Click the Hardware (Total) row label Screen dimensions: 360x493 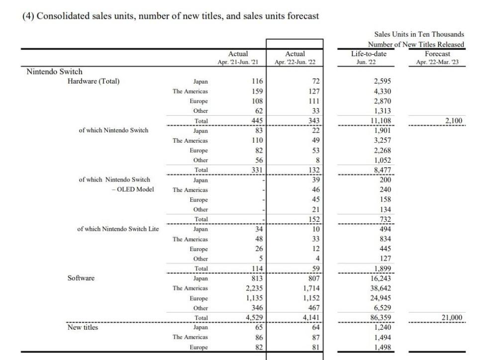[x=94, y=82]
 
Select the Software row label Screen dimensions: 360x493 [x=81, y=278]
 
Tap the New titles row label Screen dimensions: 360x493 [x=83, y=327]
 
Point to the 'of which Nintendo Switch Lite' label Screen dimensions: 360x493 [x=118, y=229]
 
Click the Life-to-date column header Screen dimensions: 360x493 [x=369, y=54]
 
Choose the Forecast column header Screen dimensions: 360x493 [x=437, y=54]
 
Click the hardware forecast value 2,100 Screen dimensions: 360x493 [x=454, y=121]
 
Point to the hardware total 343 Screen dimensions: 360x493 [x=313, y=121]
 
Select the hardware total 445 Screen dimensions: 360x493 [x=257, y=121]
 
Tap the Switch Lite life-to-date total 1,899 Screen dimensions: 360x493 [x=383, y=269]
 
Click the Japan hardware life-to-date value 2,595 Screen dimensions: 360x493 [x=383, y=82]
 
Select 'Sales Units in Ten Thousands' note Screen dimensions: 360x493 [x=419, y=34]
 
